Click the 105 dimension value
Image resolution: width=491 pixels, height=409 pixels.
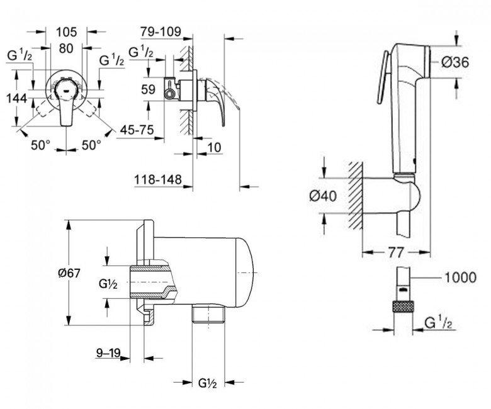coord(66,31)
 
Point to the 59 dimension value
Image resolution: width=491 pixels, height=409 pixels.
coord(148,90)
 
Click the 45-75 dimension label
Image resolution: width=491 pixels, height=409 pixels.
coord(138,131)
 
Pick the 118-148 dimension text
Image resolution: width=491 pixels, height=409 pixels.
coord(157,181)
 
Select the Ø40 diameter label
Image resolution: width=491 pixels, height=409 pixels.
coord(323,196)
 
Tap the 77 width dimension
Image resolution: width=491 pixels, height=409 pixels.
coord(395,253)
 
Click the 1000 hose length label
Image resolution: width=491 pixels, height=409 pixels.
coord(460,277)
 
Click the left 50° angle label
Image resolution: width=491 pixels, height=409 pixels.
coord(40,145)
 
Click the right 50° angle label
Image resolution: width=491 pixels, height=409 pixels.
coord(91,145)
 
